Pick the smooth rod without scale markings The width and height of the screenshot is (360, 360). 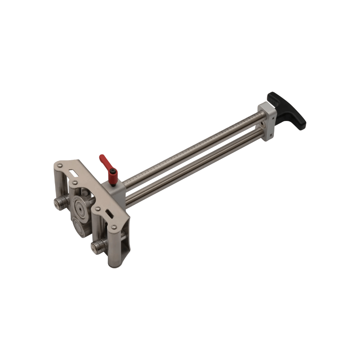click(x=194, y=169)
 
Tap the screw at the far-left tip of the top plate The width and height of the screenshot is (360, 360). click(x=60, y=165)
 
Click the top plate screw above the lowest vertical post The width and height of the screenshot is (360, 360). click(x=114, y=227)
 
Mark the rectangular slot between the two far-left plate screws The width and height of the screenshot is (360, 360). click(x=75, y=174)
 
